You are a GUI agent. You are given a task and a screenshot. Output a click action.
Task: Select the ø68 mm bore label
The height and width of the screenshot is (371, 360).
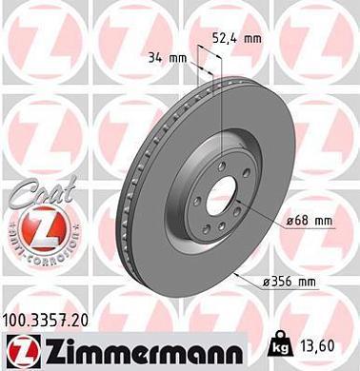coord(309,221)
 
